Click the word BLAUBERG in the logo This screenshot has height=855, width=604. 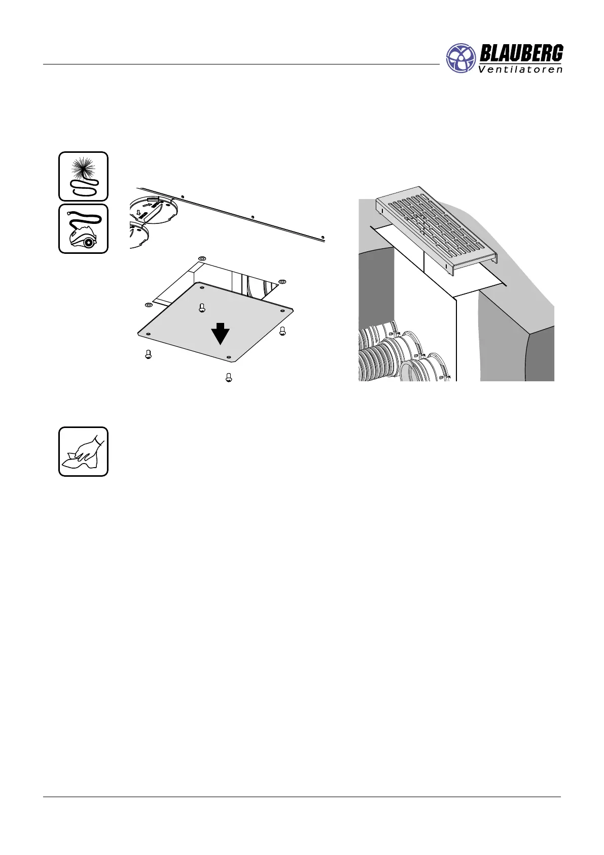point(520,53)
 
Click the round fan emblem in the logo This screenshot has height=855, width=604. point(461,58)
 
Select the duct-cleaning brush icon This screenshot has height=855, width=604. point(83,176)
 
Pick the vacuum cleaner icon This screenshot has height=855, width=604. point(83,229)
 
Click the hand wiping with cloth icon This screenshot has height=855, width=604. point(83,451)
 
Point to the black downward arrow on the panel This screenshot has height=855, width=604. point(221,334)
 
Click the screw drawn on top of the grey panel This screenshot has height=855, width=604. point(202,308)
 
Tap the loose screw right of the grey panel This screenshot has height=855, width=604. point(283,331)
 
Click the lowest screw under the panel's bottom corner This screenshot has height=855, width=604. point(229,377)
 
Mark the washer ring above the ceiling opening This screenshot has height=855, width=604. point(202,258)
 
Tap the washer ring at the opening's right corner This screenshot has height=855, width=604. point(283,282)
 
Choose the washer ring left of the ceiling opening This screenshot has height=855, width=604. point(148,305)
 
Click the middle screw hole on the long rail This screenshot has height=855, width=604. point(253,217)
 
